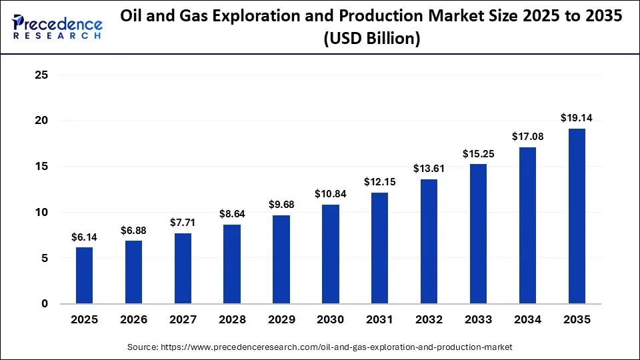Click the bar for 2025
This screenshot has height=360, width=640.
(84, 275)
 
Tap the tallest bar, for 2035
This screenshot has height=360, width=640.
(576, 216)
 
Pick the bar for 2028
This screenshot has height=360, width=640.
(232, 264)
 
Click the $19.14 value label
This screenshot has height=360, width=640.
(576, 118)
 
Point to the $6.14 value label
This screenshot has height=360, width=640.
(84, 237)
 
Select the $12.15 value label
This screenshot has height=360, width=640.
(379, 182)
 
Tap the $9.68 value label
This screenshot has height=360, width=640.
(281, 205)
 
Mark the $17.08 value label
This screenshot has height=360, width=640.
(527, 137)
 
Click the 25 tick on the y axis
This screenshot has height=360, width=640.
(41, 75)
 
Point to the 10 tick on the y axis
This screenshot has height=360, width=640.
(41, 212)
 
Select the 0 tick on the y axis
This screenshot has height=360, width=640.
(45, 304)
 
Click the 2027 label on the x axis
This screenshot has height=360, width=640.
(183, 320)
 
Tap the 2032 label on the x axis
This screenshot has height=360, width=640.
(429, 320)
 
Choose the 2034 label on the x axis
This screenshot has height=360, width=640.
(527, 320)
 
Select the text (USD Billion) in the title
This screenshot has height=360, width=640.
(371, 39)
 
